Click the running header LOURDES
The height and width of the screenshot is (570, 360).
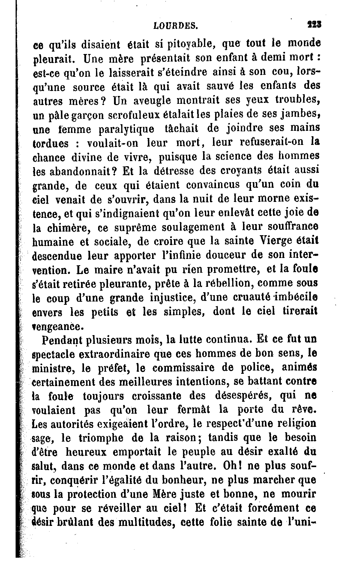175,26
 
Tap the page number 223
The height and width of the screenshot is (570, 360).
314,24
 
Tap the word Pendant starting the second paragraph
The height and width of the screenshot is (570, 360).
61,340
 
